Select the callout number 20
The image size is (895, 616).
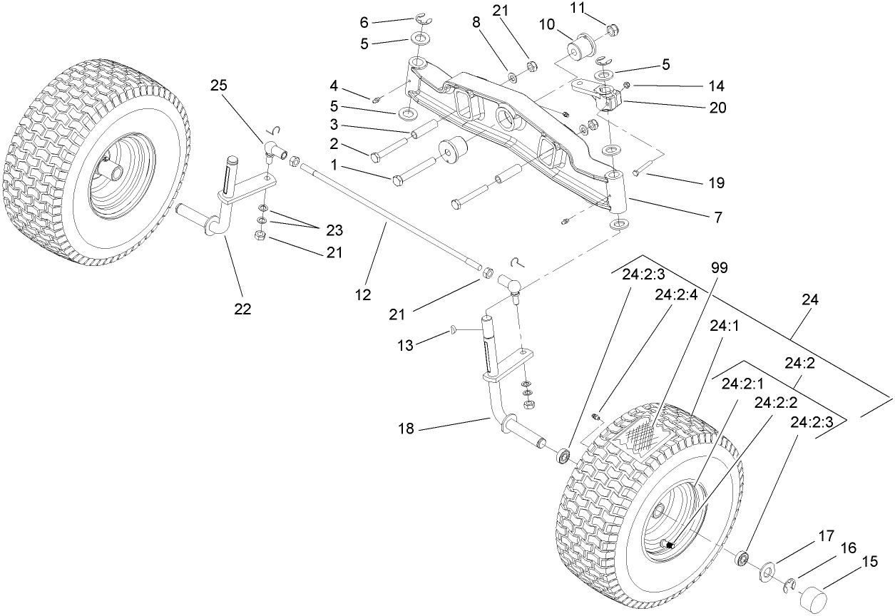(x=717, y=108)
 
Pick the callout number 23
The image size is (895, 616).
(x=333, y=230)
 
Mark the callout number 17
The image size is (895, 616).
(x=827, y=534)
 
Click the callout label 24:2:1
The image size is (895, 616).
(x=742, y=383)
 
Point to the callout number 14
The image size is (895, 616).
(x=717, y=86)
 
